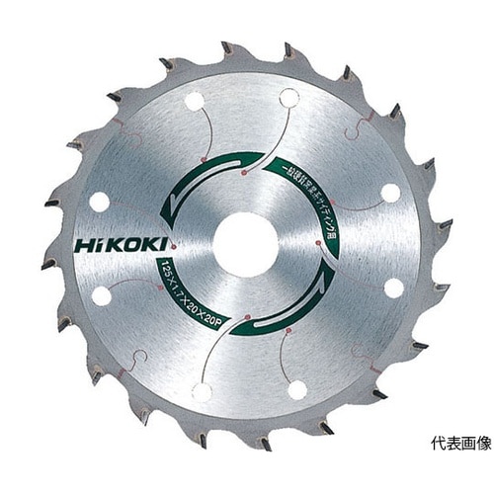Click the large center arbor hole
pos(246,244)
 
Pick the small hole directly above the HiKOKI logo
pos(100,201)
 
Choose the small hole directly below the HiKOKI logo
pos(101,294)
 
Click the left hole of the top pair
pos(195,101)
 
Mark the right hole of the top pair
pos(288,97)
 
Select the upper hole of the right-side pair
pos(391,193)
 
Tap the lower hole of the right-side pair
pos(393,288)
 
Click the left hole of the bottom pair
pos(202,390)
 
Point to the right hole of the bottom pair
pos(296,388)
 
